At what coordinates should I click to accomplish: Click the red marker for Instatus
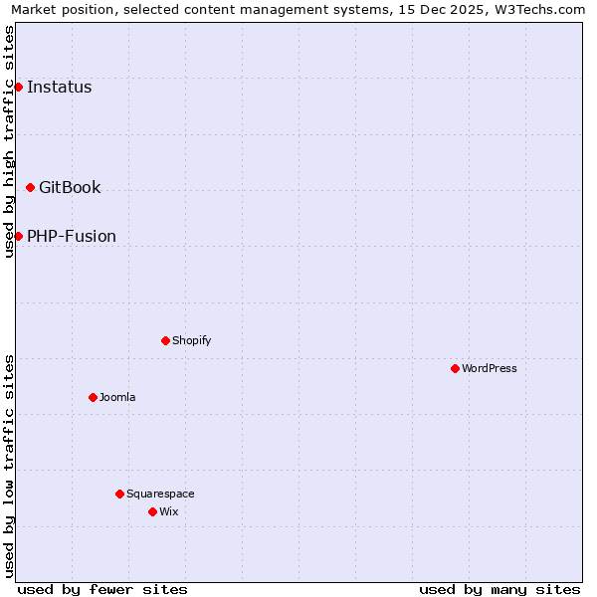(x=18, y=87)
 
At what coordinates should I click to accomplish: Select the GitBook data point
(x=30, y=187)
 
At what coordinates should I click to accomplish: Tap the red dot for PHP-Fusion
(x=18, y=236)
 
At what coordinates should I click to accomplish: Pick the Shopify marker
(x=165, y=340)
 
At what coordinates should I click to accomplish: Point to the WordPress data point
(x=455, y=368)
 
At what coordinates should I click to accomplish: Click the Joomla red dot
(x=93, y=397)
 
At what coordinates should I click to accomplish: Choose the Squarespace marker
(x=119, y=494)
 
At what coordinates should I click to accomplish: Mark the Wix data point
(x=152, y=511)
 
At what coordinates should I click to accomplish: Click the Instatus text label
(x=59, y=87)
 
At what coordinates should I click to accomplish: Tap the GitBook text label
(x=70, y=187)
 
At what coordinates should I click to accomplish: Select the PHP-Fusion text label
(x=72, y=236)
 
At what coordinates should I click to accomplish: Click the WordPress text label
(x=490, y=368)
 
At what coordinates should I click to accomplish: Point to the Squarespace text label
(x=160, y=494)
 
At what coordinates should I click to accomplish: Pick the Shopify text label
(x=192, y=340)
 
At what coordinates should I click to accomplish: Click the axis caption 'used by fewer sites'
(x=102, y=589)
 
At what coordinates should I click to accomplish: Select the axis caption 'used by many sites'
(x=499, y=589)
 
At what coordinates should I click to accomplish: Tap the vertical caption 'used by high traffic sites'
(x=9, y=141)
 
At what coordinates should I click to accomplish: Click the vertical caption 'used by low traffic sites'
(x=9, y=466)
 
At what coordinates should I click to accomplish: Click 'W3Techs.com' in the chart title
(x=544, y=9)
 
